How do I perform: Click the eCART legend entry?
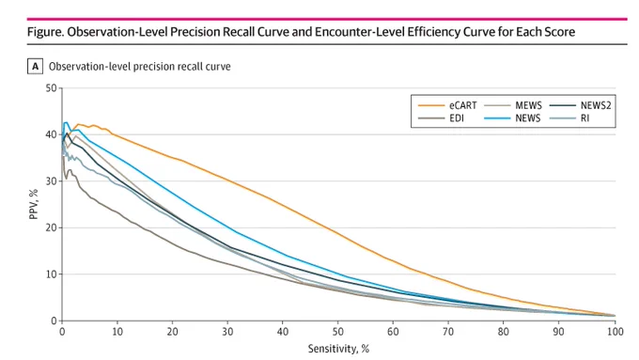(447, 105)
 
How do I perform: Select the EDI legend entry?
(441, 118)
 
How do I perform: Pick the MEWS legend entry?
(513, 105)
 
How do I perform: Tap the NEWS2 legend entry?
(581, 105)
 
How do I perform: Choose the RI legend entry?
(569, 118)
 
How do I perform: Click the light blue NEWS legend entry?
(512, 118)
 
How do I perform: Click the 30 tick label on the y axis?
(51, 181)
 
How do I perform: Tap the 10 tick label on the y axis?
(51, 274)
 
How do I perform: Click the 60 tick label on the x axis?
(393, 332)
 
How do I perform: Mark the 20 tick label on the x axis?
(172, 332)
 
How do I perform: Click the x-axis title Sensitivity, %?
(338, 349)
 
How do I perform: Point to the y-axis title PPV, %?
(34, 204)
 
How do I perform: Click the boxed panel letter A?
(35, 67)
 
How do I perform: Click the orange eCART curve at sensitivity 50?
(338, 233)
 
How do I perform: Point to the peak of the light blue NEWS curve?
(66, 122)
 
